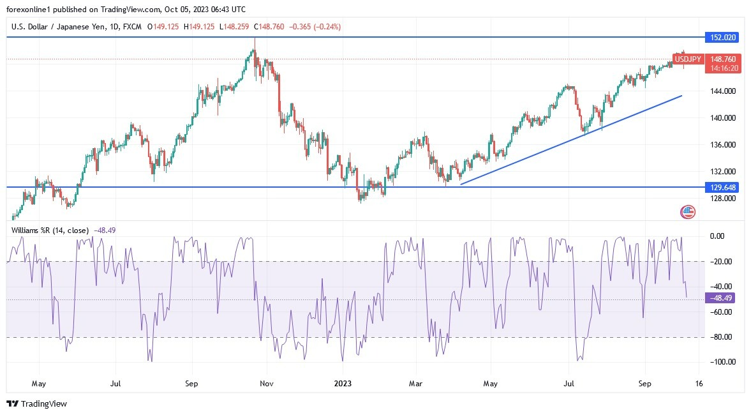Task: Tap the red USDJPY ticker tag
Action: [x=688, y=59]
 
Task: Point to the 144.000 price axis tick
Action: [x=723, y=91]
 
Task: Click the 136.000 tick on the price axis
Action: [x=723, y=145]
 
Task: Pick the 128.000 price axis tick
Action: [x=723, y=199]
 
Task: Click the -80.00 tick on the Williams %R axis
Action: [x=722, y=337]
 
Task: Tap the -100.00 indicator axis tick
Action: [x=721, y=362]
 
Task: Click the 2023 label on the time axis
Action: [x=343, y=384]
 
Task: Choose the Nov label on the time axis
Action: [x=267, y=384]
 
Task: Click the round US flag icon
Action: [x=688, y=212]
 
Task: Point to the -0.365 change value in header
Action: [x=301, y=27]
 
